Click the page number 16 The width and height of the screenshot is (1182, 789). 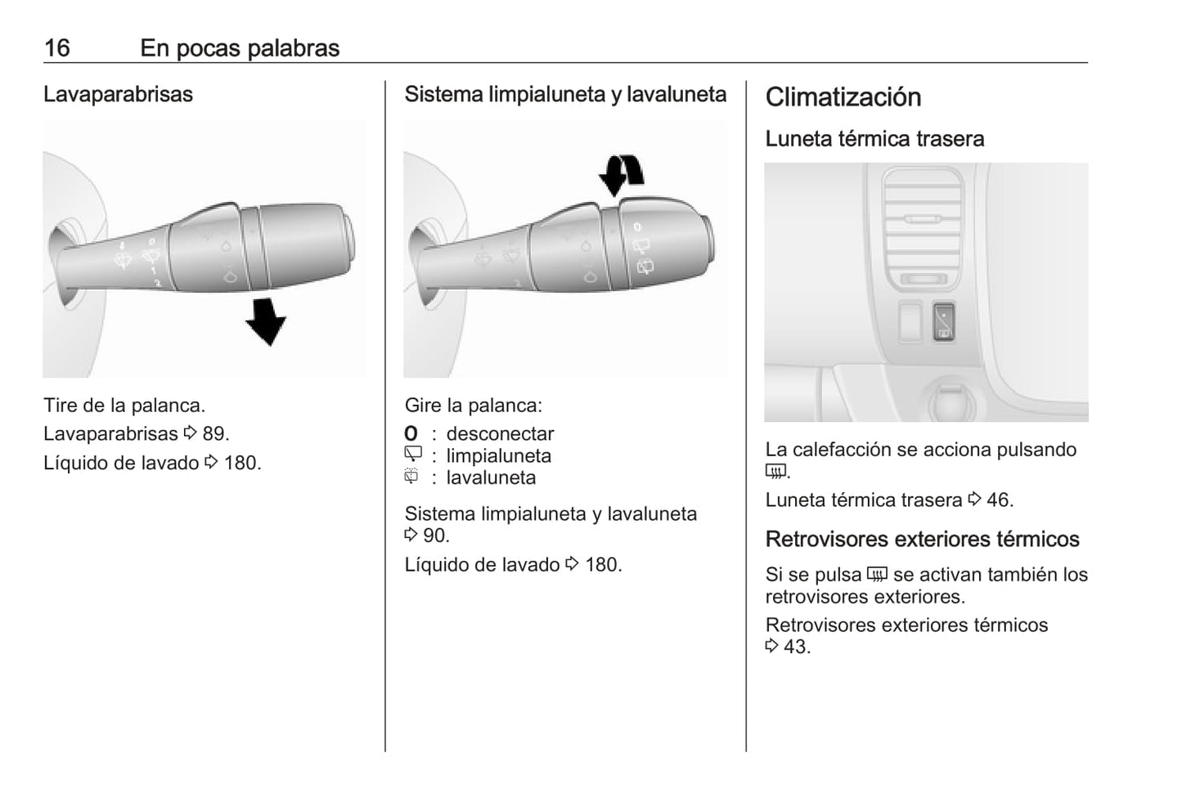coord(57,48)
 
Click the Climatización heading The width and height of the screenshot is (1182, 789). coord(843,97)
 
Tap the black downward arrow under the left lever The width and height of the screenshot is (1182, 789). coord(267,321)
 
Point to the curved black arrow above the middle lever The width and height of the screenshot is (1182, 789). coord(621,175)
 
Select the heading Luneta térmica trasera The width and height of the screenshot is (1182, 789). coord(874,139)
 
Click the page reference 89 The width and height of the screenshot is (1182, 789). coord(216,433)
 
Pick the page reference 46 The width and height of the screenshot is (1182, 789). coord(1000,500)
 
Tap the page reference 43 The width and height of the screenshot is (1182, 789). coord(797,647)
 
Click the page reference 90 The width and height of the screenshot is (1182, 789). coord(436,536)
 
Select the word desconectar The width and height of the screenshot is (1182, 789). coord(500,433)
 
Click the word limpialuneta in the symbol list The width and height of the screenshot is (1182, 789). coord(499,455)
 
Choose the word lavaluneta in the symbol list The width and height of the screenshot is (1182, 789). coord(491,477)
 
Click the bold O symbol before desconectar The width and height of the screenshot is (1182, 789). coord(411,433)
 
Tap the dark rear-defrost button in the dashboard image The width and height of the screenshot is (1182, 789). coord(943,321)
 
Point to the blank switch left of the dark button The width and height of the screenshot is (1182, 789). coord(910,321)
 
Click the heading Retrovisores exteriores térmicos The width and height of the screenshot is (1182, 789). coord(923,539)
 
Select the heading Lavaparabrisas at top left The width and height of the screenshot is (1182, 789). coord(118,94)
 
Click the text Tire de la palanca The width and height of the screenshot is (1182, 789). coord(124,405)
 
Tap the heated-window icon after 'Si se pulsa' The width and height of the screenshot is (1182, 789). coord(877,574)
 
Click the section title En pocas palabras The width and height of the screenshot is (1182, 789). coord(240,48)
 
